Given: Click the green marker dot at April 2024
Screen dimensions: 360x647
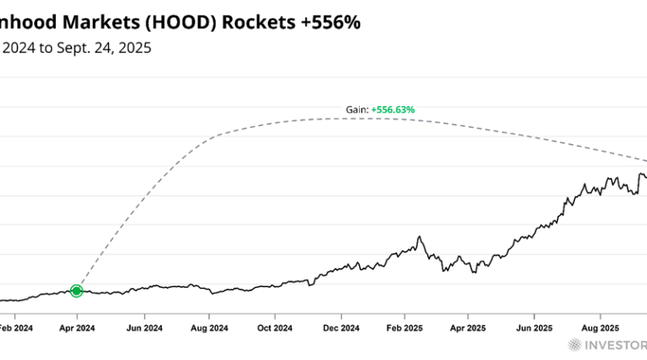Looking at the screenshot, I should [77, 290].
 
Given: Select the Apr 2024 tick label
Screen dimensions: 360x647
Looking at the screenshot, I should [77, 329].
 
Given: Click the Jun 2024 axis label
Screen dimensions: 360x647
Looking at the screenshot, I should [144, 329].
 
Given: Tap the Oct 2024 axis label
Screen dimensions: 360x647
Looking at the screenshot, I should [275, 329].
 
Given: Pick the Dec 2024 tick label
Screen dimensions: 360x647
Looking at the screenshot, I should [341, 329].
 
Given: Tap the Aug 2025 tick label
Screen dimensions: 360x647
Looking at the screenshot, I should [600, 329].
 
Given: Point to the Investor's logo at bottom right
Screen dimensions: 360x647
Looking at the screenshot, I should [611, 346].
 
